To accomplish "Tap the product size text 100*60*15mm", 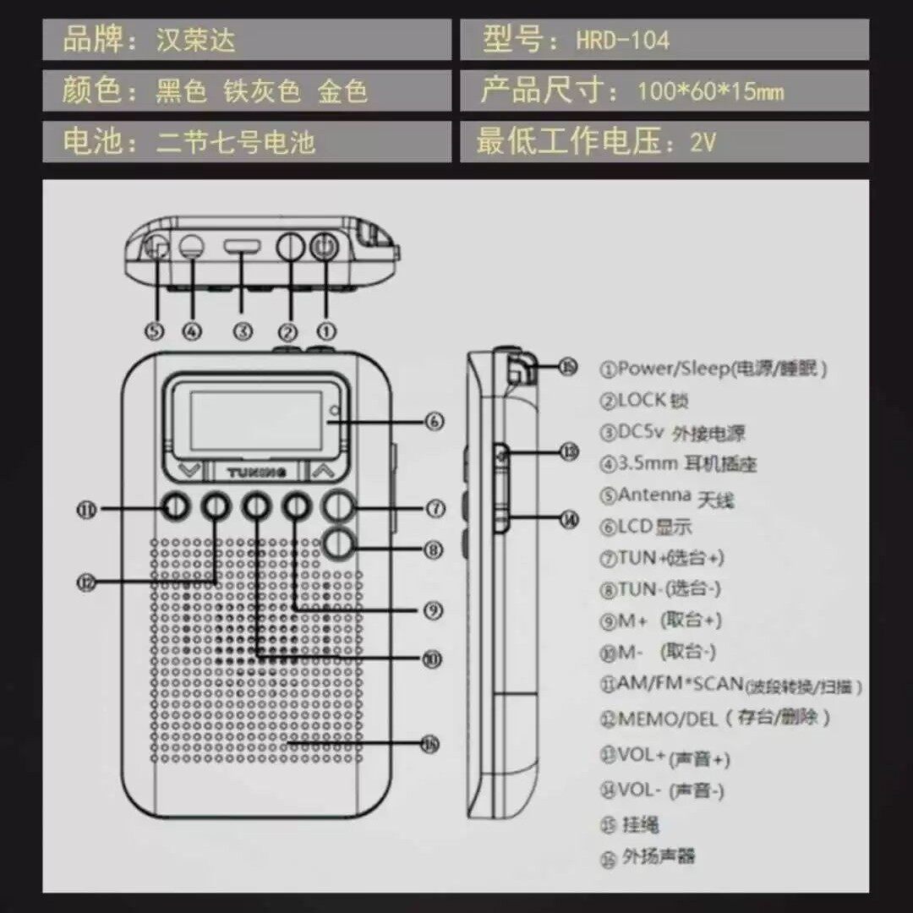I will pos(710,90).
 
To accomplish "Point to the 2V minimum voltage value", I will pos(703,142).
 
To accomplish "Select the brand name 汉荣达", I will pos(195,40).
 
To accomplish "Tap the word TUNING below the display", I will pos(257,471).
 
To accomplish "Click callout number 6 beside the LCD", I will pos(435,420).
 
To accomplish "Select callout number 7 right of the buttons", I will pos(435,508).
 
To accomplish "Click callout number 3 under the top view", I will pos(243,331).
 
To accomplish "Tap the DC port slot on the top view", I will pos(243,248).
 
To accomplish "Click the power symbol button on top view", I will pos(325,247).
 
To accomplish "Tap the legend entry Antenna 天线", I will pos(668,497).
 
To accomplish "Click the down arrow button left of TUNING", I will pos(191,470).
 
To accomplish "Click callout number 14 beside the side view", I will pos(569,519).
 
